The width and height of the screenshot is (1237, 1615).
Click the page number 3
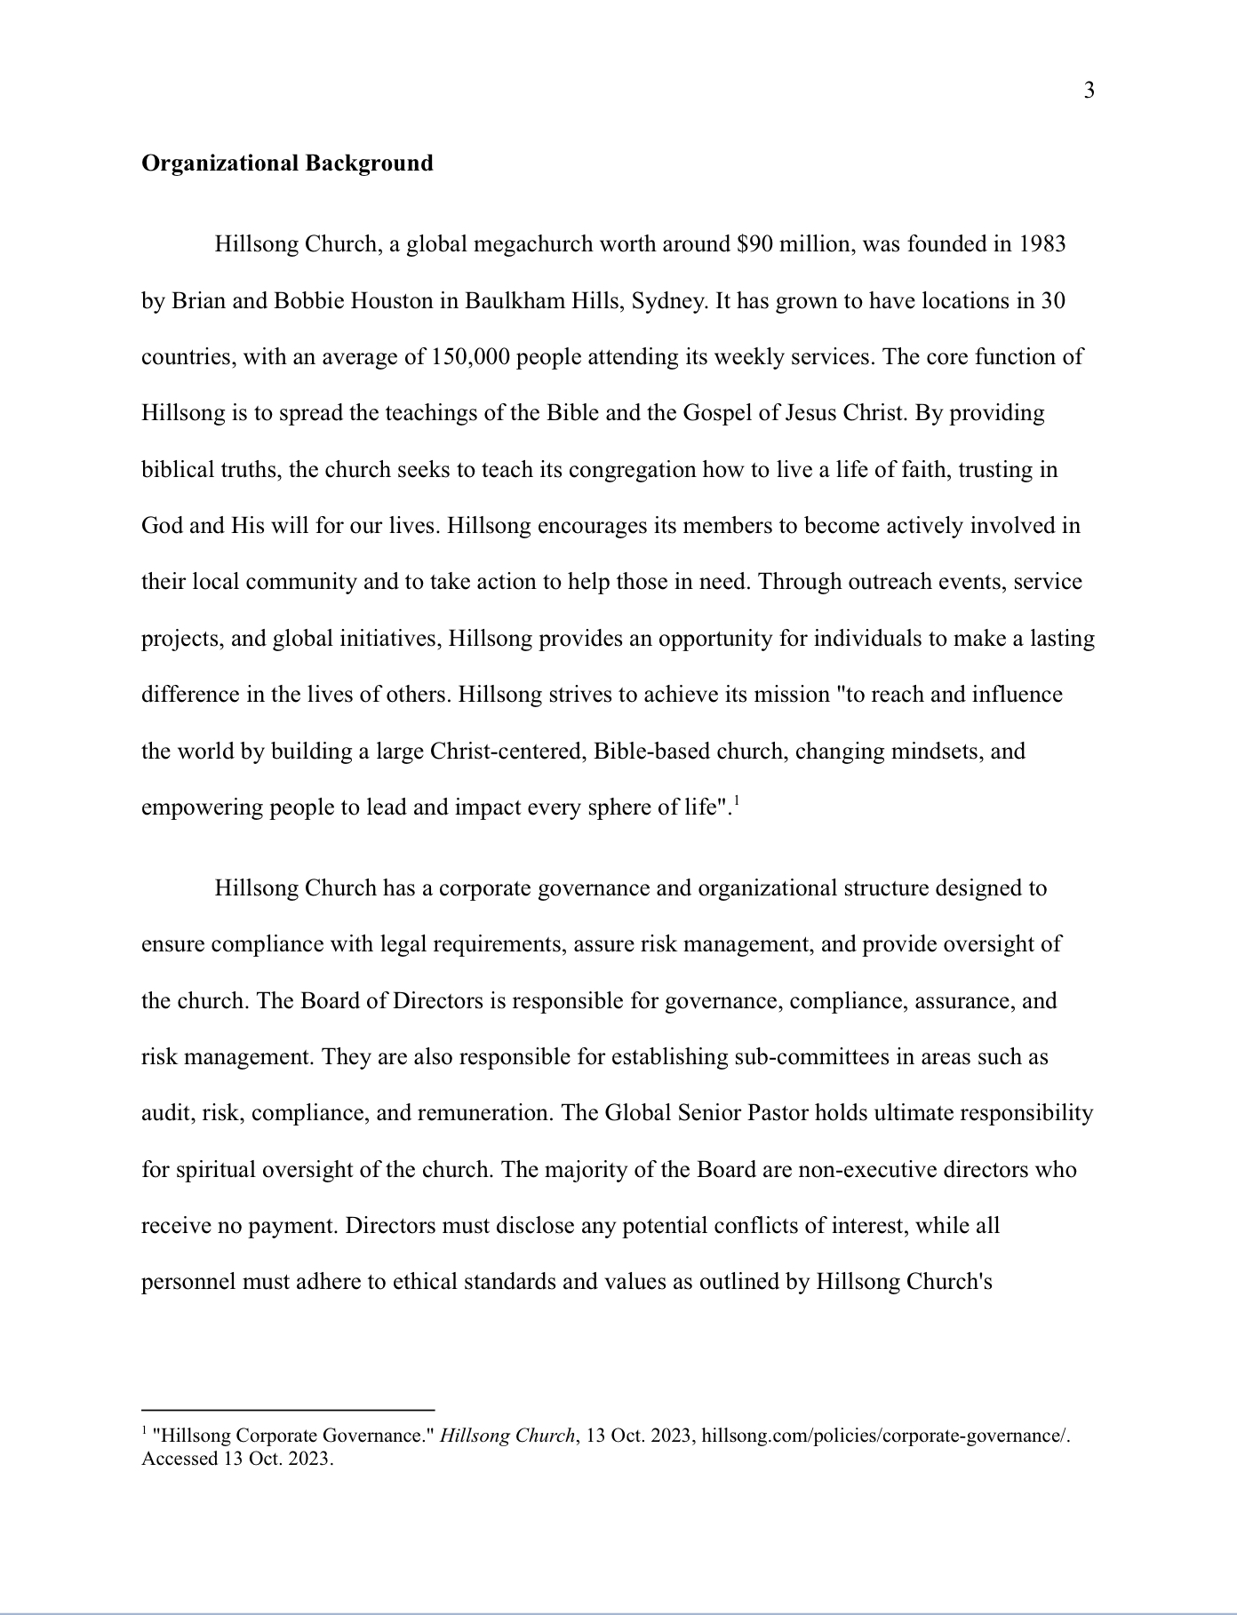[x=1089, y=91]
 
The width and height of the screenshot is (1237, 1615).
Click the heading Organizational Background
[x=287, y=163]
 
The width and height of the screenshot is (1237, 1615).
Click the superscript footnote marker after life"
[x=737, y=802]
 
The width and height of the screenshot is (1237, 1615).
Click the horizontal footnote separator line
[x=288, y=1409]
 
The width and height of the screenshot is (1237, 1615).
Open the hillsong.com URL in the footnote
[x=886, y=1436]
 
